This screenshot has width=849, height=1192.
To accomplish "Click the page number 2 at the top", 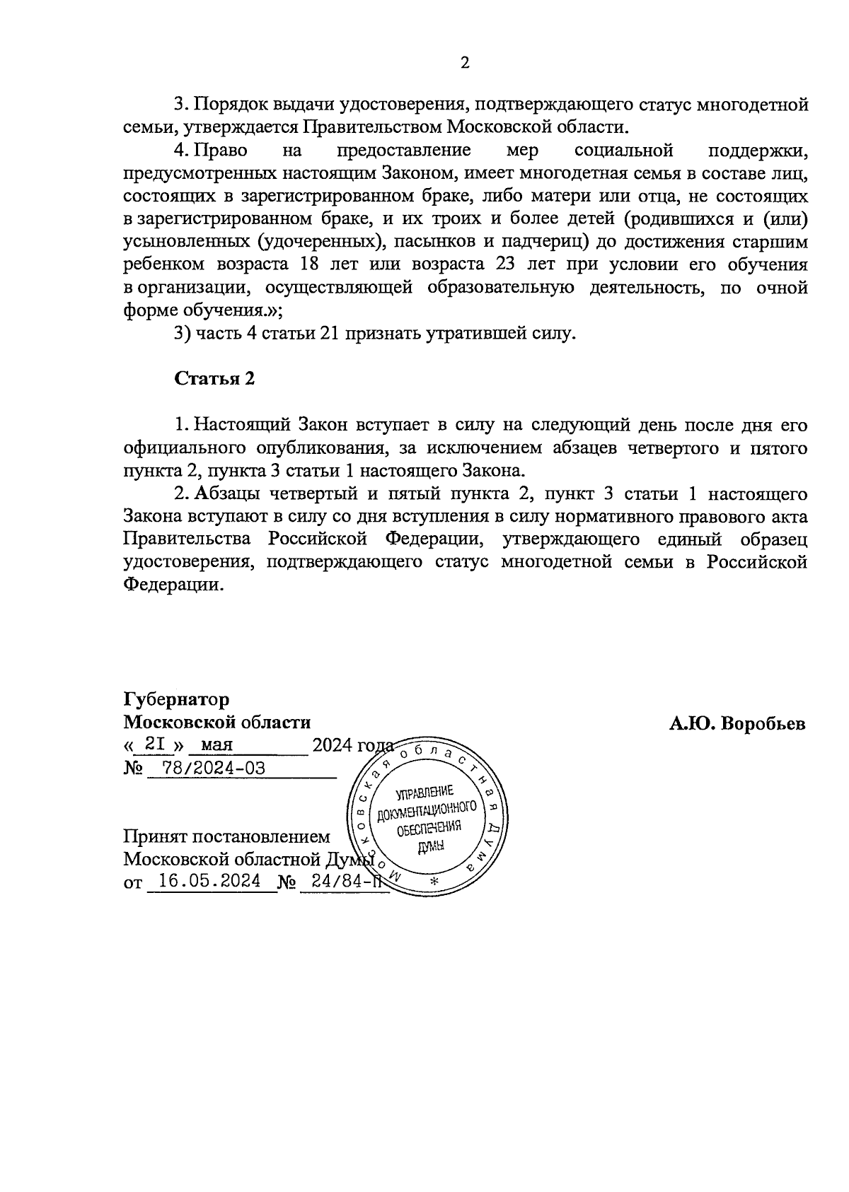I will point(465,63).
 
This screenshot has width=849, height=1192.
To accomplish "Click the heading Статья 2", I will point(214,378).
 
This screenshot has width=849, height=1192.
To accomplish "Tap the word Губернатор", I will point(176,700).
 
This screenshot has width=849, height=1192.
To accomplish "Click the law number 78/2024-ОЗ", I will point(213,768).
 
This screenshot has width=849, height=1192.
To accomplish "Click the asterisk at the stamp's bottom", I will point(434,882).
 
